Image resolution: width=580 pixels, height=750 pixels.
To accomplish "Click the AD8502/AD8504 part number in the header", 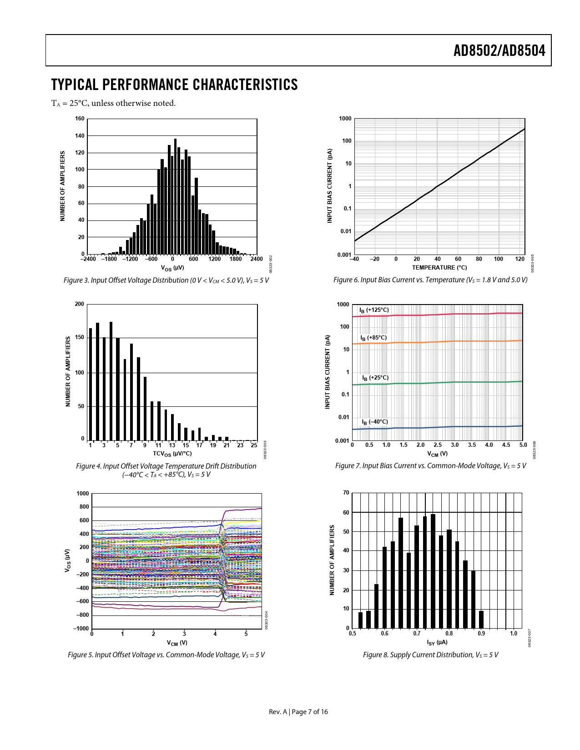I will click(x=499, y=50).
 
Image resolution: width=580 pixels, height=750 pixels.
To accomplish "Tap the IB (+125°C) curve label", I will click(x=374, y=310).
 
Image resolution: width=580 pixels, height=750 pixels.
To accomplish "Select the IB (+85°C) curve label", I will click(x=373, y=338).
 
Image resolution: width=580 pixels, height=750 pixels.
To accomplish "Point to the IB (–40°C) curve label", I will click(x=375, y=422).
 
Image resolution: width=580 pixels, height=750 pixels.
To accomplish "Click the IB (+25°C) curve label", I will click(x=375, y=378).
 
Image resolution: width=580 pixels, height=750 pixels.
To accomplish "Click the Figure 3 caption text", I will click(x=166, y=280).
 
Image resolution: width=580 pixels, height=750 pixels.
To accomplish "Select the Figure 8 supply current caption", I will click(x=430, y=655).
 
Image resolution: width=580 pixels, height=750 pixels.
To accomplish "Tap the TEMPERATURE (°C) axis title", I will click(x=439, y=268).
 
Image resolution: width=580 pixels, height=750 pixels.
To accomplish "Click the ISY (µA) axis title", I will click(x=437, y=643).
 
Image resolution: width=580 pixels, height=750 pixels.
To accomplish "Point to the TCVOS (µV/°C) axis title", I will click(x=172, y=454).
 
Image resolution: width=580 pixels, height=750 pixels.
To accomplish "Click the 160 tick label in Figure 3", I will click(x=80, y=119).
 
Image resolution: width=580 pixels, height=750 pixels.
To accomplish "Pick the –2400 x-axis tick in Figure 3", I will click(x=88, y=259).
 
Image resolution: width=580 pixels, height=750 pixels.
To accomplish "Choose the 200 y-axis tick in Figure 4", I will click(x=80, y=304).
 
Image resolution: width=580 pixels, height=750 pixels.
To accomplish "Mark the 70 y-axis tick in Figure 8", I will click(x=346, y=493).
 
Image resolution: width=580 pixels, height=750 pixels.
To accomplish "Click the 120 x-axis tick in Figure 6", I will click(x=520, y=259).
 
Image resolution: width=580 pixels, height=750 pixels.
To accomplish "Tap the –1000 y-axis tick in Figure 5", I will click(x=81, y=629).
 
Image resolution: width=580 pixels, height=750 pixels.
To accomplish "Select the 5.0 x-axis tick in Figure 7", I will click(x=523, y=445).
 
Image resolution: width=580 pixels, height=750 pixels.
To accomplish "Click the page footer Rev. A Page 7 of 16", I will click(x=298, y=712).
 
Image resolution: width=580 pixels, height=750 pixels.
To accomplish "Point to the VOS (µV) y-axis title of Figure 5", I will click(x=67, y=560).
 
